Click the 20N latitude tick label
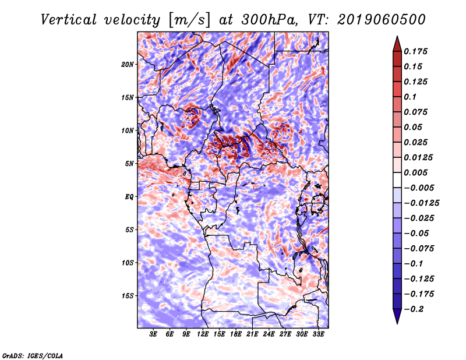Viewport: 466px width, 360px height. pos(128,65)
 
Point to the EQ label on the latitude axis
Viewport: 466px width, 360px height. pos(129,197)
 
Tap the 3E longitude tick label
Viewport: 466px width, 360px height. pos(153,334)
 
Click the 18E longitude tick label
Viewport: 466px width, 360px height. pos(236,334)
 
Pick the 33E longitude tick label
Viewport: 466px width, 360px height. pos(318,334)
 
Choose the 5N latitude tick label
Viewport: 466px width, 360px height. pos(129,164)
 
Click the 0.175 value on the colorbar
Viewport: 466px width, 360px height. pos(415,51)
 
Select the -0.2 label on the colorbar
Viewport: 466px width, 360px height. pos(414,309)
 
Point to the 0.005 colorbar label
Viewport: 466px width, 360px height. pos(415,172)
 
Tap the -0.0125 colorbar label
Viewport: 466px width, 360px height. pos(421,203)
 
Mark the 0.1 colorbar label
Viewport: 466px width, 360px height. pos(410,97)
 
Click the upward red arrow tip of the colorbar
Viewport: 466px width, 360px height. pos(397,37)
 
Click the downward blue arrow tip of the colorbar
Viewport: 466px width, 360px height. pos(397,323)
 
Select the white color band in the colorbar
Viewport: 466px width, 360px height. pos(397,180)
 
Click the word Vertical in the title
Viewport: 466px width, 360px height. pos(69,20)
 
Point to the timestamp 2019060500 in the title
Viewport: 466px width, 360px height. pos(382,20)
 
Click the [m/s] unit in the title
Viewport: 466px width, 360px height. pos(189,20)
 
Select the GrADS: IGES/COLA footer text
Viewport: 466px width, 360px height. pos(33,355)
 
